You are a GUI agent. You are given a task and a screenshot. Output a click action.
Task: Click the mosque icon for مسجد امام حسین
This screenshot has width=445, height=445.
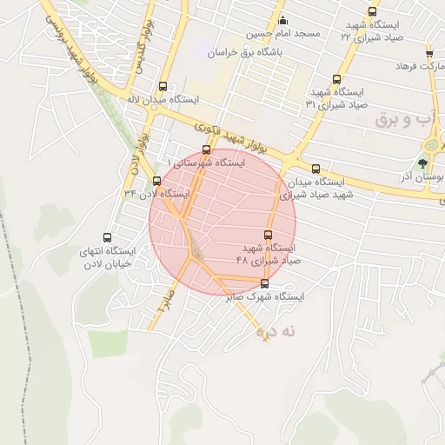pos(282,21)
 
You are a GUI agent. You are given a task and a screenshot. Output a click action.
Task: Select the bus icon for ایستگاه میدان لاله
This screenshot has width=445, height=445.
pos(163,86)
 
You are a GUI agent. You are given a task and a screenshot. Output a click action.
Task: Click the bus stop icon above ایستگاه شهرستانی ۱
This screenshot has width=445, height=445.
pos(206,149)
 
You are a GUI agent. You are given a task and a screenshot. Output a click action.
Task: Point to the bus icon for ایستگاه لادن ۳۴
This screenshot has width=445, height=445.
pos(156,181)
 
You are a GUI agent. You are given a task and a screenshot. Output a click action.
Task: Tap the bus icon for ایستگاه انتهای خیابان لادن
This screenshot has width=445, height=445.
pos(108,237)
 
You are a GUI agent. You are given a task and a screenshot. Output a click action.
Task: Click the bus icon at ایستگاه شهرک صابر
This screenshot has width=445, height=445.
pos(265,283)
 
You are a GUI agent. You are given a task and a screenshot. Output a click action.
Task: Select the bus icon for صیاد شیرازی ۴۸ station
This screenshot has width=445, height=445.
pos(268,235)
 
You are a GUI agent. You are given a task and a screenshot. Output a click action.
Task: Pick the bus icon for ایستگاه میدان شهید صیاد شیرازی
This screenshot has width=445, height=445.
pos(315,169)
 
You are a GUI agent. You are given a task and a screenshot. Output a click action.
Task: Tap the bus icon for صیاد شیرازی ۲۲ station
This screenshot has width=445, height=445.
pos(373,12)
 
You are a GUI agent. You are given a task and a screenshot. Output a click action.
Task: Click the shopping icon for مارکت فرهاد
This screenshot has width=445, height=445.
pos(429,53)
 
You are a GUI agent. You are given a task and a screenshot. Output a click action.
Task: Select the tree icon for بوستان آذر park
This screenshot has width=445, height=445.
pos(423,163)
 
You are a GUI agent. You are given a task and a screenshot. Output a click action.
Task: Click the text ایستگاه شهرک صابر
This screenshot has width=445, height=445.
pos(265,297)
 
